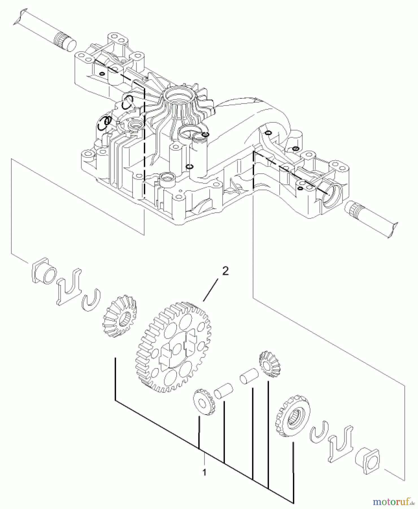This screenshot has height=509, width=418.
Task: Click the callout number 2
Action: [x=225, y=271]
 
